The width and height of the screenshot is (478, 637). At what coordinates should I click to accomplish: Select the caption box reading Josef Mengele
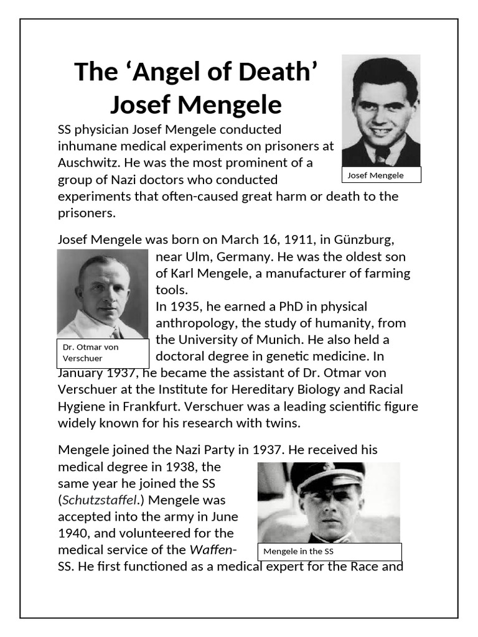[381, 175]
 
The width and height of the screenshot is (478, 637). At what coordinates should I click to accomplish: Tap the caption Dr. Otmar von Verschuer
[103, 353]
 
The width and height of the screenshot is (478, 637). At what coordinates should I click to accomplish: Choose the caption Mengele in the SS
[329, 551]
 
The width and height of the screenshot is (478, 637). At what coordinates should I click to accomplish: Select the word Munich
[307, 340]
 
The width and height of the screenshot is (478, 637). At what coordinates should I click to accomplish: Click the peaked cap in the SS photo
[327, 476]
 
